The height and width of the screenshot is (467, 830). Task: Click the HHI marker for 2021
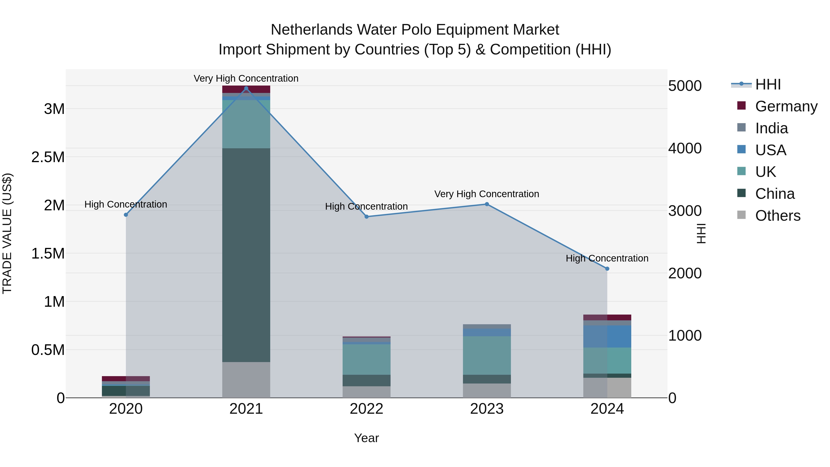(246, 88)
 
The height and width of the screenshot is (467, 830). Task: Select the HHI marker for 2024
(607, 268)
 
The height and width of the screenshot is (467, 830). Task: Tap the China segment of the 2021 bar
(246, 255)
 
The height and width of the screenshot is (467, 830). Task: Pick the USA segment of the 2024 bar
(607, 336)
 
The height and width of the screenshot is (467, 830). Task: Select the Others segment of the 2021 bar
(246, 380)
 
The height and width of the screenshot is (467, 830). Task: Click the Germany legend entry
(786, 106)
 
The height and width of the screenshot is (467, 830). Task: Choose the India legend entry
(771, 128)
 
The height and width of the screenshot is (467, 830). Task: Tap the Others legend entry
(777, 215)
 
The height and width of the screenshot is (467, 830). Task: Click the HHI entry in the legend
(768, 84)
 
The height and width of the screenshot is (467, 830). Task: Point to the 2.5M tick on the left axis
(48, 157)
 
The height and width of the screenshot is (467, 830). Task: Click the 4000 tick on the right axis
(685, 148)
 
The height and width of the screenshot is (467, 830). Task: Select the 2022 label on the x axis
(366, 409)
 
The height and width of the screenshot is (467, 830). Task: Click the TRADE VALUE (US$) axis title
(7, 233)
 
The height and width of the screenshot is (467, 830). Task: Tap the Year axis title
(366, 438)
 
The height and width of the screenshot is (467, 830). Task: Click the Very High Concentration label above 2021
(246, 78)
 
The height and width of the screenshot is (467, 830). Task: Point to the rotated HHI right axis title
(701, 233)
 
